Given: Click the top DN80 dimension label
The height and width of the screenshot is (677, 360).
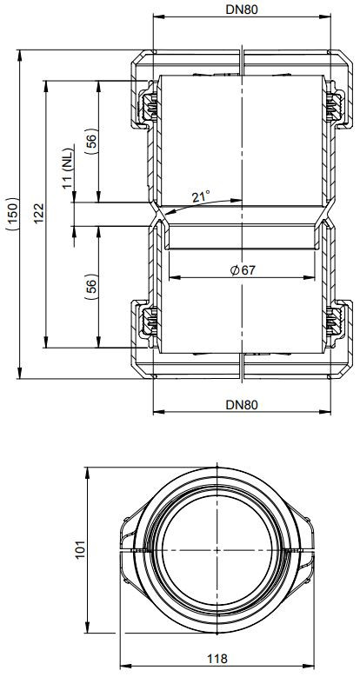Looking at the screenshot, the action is click(242, 10).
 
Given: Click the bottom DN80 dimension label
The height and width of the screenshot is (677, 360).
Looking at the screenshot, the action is click(242, 405).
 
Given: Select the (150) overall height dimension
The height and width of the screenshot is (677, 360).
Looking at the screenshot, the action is click(13, 214).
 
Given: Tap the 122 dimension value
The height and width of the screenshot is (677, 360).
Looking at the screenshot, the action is click(38, 213).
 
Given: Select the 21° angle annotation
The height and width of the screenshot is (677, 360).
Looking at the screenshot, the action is click(201, 197).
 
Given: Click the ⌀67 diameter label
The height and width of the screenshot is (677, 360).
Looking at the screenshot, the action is click(243, 270).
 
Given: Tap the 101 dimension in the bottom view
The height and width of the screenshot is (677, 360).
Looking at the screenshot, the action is click(81, 549).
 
